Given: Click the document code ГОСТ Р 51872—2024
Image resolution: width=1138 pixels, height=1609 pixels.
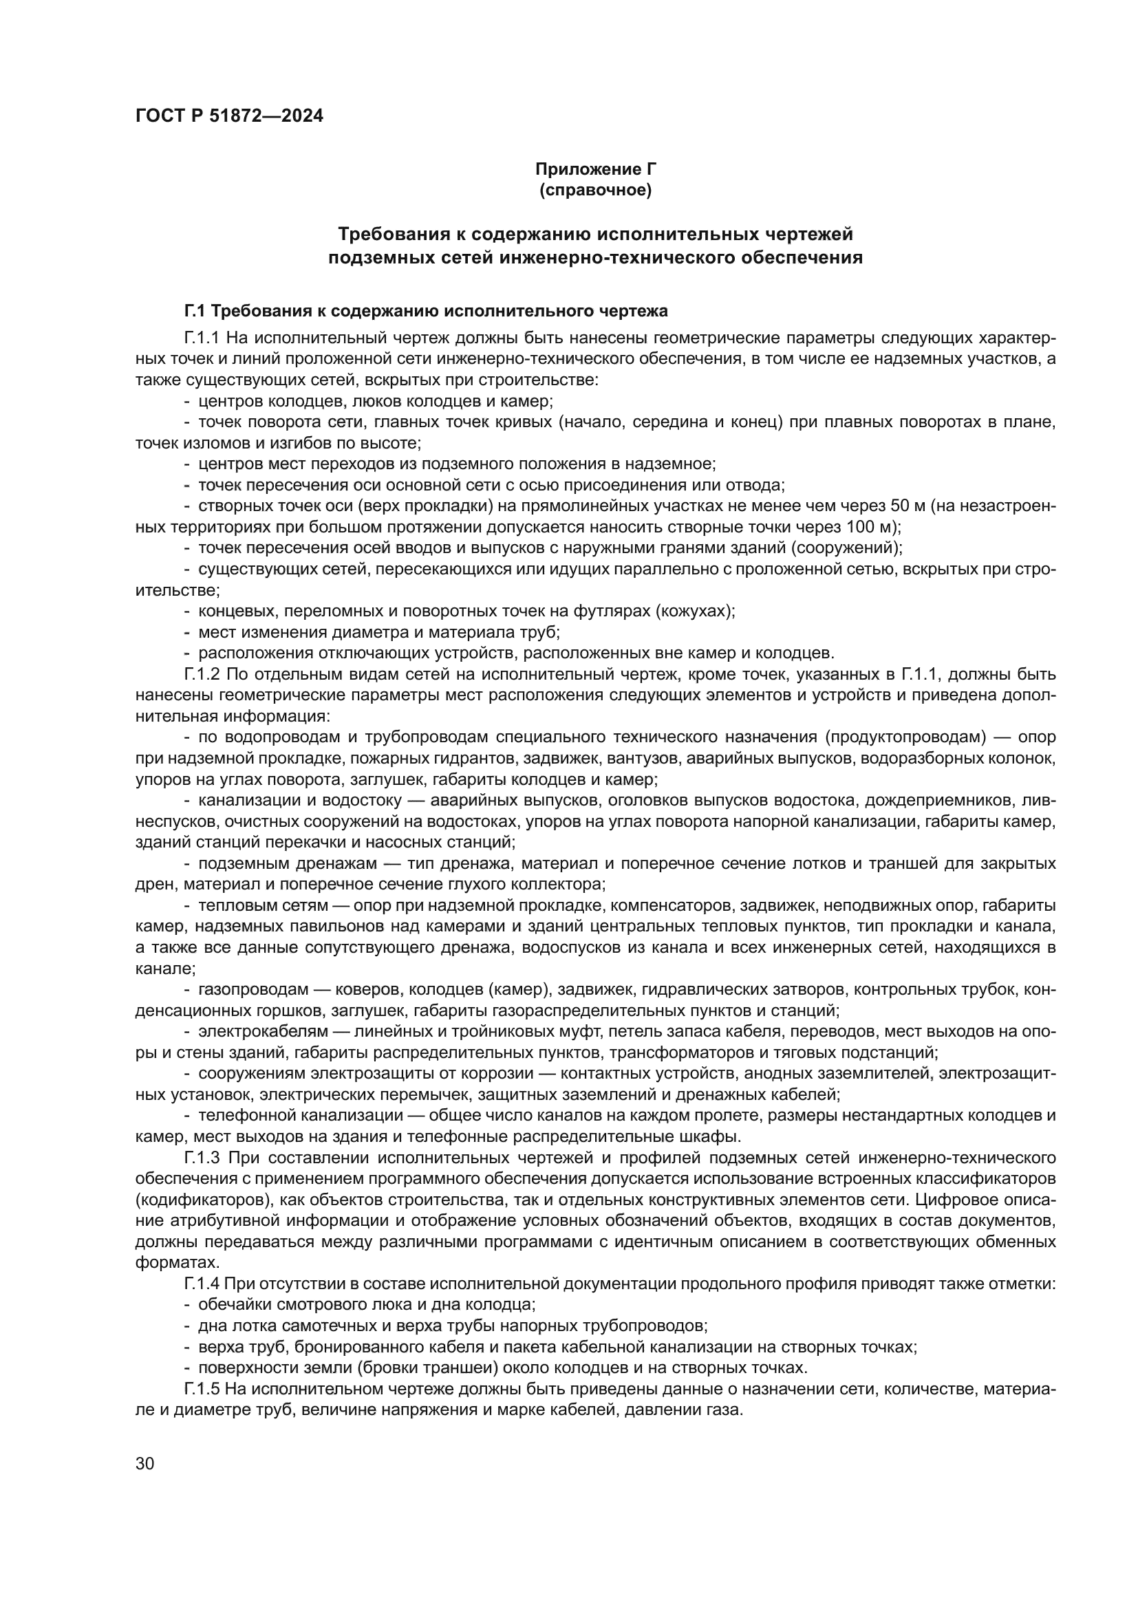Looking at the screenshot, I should pyautogui.click(x=229, y=116).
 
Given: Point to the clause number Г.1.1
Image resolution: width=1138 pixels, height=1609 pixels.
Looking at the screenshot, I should pyautogui.click(x=202, y=338).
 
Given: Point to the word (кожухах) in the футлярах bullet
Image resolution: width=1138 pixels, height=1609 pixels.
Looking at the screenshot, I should pyautogui.click(x=694, y=611).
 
